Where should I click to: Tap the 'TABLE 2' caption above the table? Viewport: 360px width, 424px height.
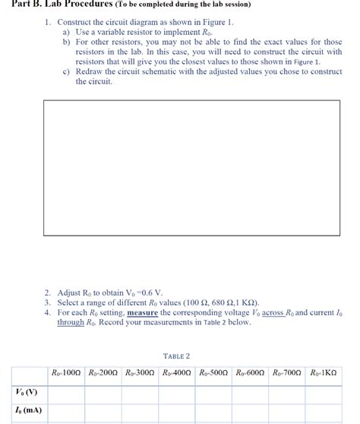[x=176, y=356]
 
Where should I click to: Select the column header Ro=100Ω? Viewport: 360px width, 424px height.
[x=65, y=375]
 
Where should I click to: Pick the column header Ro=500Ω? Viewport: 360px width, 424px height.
[x=214, y=375]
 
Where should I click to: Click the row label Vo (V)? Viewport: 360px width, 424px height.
[x=27, y=393]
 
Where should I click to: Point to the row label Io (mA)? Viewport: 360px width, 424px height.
[x=27, y=411]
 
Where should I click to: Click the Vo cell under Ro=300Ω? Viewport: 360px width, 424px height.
[x=140, y=393]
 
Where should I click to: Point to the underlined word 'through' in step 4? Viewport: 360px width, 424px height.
[x=71, y=322]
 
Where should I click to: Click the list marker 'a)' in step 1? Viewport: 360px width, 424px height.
[x=66, y=32]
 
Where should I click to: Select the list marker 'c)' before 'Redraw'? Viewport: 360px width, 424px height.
[x=66, y=71]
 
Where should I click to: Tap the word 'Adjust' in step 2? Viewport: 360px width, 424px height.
[x=70, y=292]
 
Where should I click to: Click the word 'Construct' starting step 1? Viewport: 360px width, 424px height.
[x=74, y=23]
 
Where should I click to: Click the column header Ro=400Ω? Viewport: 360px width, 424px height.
[x=177, y=375]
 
